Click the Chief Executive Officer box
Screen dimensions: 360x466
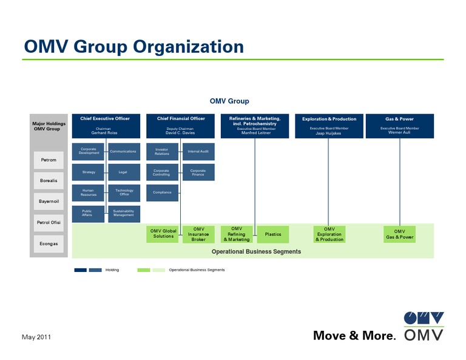coord(106,126)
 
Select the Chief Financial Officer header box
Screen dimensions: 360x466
coord(180,126)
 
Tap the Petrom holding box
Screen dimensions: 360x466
coord(49,160)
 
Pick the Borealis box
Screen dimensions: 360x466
coord(49,181)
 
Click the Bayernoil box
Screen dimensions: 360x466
coord(49,201)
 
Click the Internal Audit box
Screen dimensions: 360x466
coord(198,152)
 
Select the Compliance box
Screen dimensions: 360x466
coord(163,193)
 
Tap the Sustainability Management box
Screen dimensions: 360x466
coord(124,214)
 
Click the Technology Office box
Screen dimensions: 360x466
coord(124,193)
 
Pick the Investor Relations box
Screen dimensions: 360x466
coord(163,152)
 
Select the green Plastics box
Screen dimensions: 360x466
coord(273,234)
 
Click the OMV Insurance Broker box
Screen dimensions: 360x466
coord(198,234)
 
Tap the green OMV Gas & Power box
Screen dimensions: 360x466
coord(399,234)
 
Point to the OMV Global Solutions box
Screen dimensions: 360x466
coord(163,234)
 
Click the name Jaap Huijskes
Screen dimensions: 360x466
coord(328,133)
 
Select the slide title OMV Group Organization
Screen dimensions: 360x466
coord(133,46)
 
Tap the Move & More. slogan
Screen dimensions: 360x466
coord(354,335)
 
